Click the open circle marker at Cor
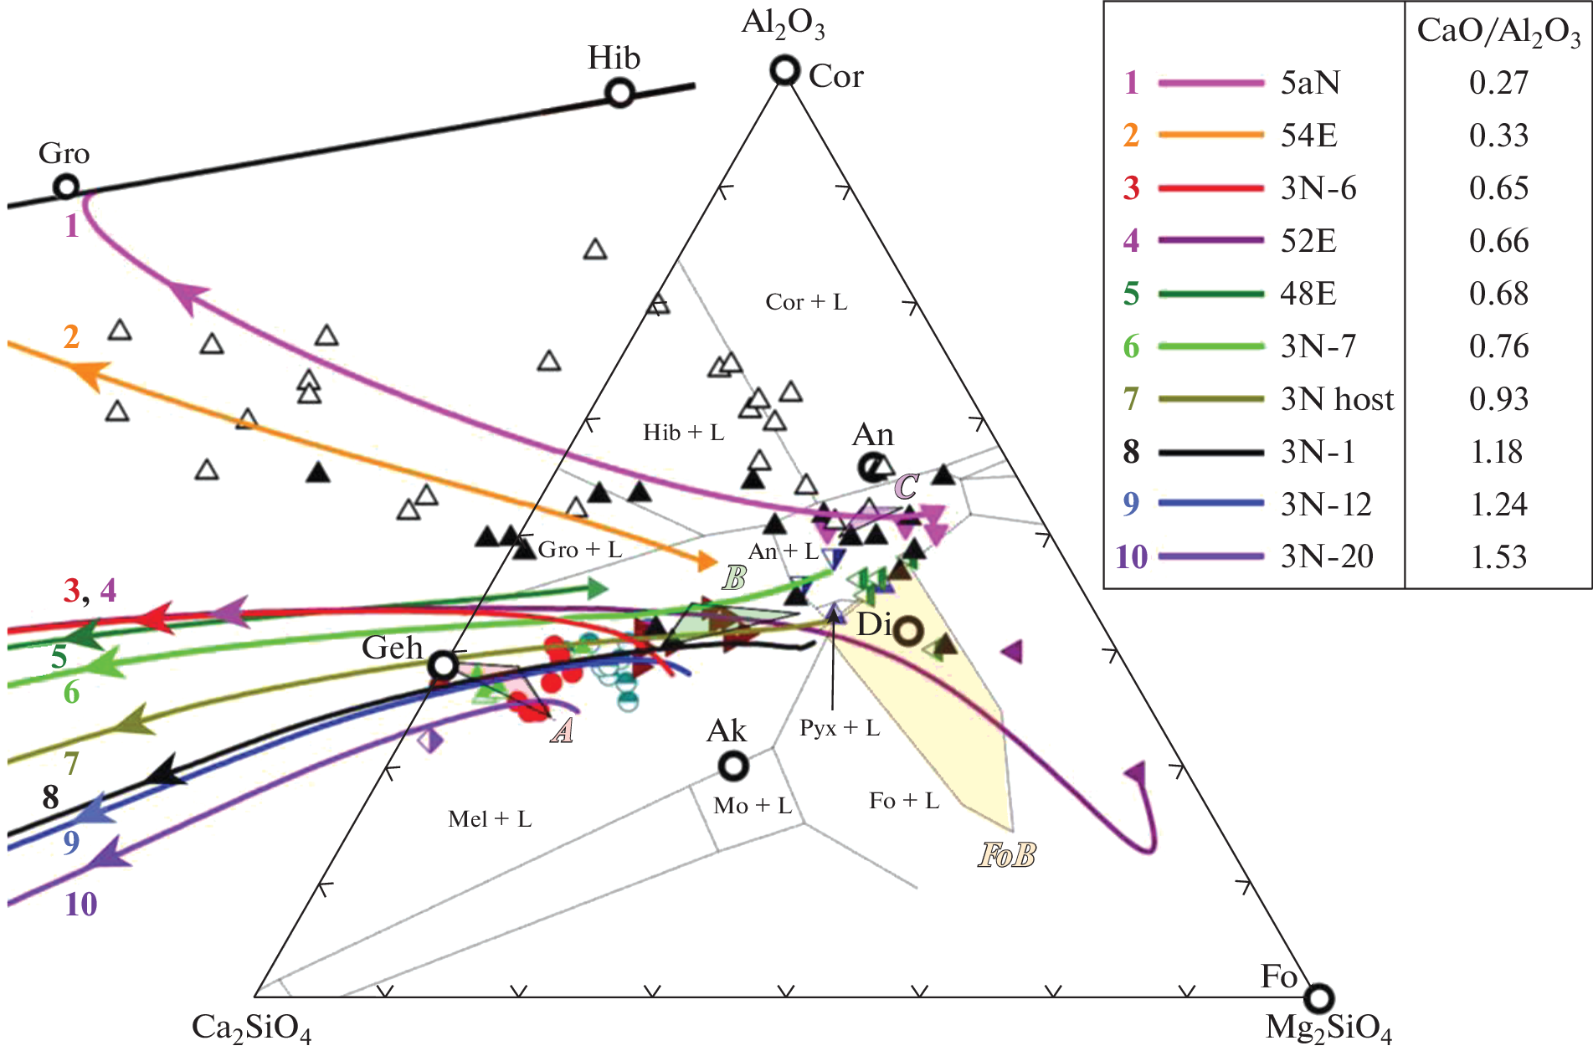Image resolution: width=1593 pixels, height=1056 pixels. click(784, 70)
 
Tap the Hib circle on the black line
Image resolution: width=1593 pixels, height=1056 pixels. click(619, 92)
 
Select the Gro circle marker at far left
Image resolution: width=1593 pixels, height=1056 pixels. click(66, 187)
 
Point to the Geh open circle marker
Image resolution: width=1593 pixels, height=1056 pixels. click(443, 666)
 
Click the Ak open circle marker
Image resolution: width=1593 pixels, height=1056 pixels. click(733, 765)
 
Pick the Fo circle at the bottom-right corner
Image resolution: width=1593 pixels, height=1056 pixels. click(1319, 997)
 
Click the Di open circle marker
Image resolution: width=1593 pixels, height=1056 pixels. click(909, 630)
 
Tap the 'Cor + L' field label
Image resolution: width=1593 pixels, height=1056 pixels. click(806, 302)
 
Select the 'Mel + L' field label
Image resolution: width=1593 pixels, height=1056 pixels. click(490, 819)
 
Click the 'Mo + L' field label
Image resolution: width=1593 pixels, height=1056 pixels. click(752, 806)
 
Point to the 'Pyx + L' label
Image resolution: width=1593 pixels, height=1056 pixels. click(840, 728)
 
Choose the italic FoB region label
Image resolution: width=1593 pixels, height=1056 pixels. click(1007, 855)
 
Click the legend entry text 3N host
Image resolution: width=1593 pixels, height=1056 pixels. click(1337, 399)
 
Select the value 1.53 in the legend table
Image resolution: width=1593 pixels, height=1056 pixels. click(1498, 556)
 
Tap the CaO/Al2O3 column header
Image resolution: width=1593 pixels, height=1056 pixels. click(1498, 32)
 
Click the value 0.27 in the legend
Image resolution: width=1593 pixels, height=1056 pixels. click(1498, 83)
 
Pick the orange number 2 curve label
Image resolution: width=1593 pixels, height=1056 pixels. click(72, 336)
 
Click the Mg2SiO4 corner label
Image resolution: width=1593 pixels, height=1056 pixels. click(1328, 1028)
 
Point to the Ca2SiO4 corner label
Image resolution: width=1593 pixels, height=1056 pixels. click(251, 1028)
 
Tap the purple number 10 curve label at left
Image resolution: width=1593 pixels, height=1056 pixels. click(81, 905)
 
